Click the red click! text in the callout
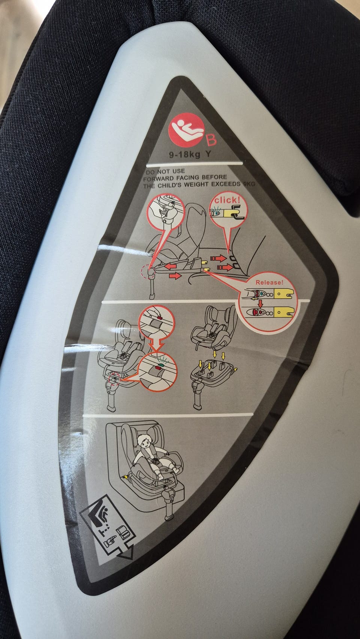tap(227, 200)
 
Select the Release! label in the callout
tap(269, 283)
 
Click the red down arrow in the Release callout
tap(260, 304)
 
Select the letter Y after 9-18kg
tap(208, 154)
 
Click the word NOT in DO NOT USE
tap(163, 172)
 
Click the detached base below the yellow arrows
tap(212, 376)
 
